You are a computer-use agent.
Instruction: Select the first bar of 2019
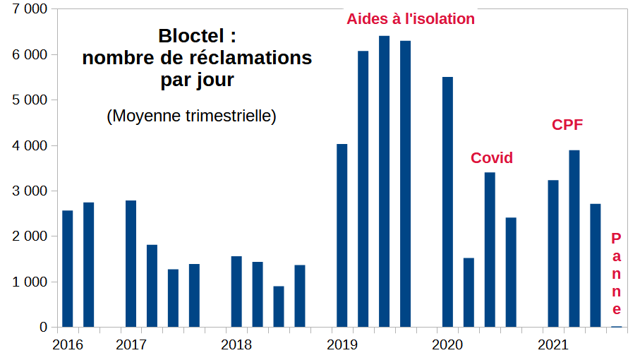(342, 236)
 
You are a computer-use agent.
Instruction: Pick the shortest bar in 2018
(279, 306)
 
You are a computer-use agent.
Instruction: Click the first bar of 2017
(131, 264)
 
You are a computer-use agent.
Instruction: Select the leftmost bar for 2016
(68, 269)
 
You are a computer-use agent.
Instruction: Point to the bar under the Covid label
(490, 250)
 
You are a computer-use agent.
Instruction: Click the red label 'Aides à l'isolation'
(410, 19)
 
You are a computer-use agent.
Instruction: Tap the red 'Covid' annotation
(492, 158)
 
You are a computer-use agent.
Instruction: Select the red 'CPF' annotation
(567, 125)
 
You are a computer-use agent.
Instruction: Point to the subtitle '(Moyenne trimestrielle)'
(191, 116)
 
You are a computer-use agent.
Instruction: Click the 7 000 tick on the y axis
(28, 9)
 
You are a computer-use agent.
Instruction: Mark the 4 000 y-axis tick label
(28, 145)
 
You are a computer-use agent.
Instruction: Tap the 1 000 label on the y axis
(28, 282)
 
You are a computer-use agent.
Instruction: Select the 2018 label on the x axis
(236, 345)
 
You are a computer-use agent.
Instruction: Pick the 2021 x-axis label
(553, 345)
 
